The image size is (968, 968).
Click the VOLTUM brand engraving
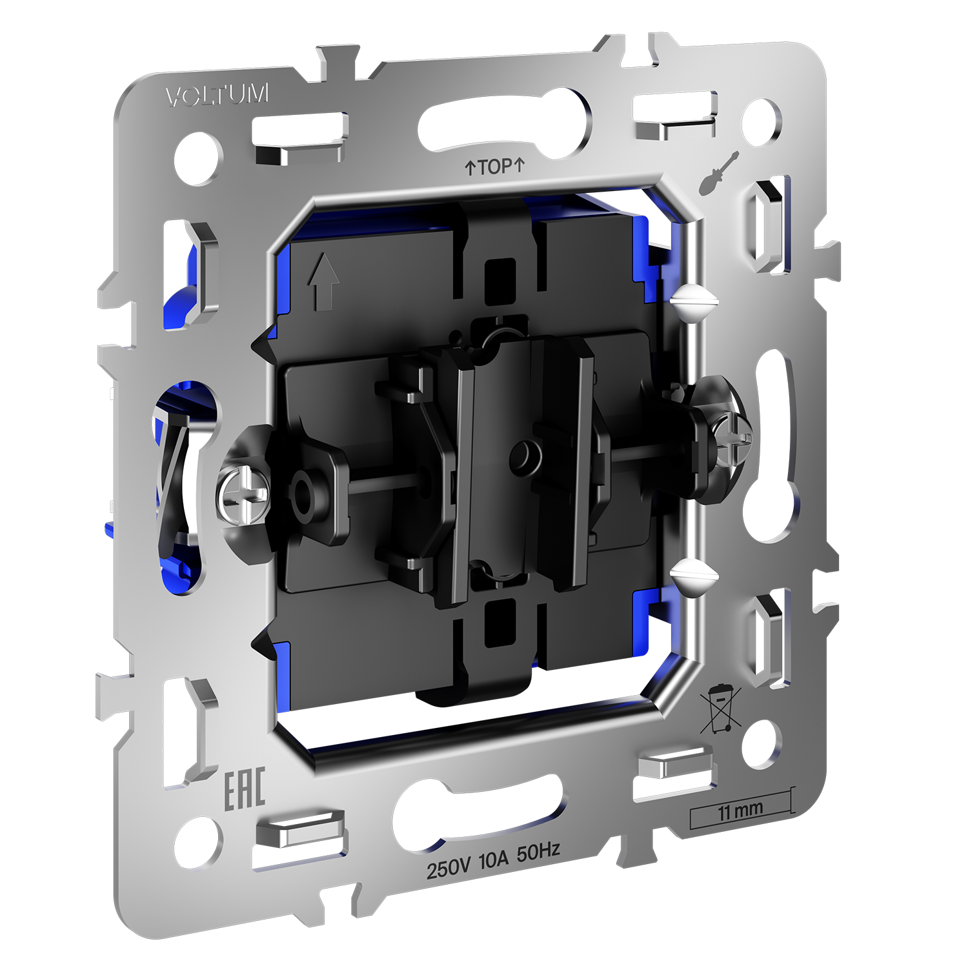point(217,96)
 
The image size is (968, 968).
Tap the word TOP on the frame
point(496,167)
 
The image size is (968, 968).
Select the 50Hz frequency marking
point(538,852)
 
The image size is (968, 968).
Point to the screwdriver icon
point(718,173)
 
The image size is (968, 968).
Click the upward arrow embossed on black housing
point(323,281)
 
